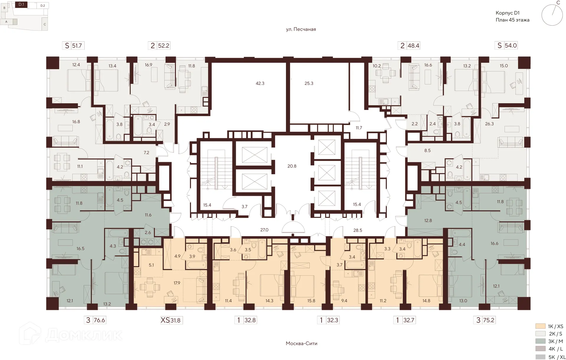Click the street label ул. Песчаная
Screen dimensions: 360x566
coord(301,29)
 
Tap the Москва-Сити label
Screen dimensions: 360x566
coord(301,343)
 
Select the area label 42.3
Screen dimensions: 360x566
coord(260,83)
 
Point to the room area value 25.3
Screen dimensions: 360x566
coord(309,83)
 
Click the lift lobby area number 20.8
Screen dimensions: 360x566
coord(292,166)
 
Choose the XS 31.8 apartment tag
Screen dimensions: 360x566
coord(171,320)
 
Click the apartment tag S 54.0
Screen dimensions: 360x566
coord(507,45)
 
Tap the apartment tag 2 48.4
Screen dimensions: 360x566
coord(410,45)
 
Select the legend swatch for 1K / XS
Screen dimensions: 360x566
coord(540,326)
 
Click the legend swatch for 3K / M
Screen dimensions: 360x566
coord(540,341)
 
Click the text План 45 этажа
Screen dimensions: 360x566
coord(512,20)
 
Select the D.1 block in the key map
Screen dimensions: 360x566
coord(22,5)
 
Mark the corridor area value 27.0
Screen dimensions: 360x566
coord(264,230)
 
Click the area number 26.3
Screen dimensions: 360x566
coord(489,124)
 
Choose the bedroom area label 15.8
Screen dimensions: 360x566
coord(311,301)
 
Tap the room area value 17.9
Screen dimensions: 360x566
coord(177,283)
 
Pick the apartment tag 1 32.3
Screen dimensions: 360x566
coord(329,320)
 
